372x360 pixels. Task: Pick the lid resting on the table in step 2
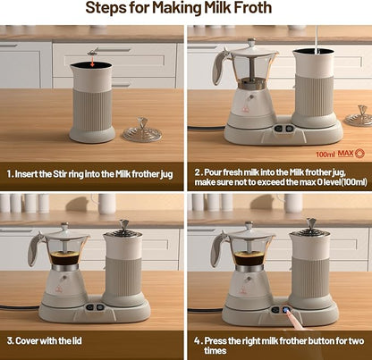point(358,115)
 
